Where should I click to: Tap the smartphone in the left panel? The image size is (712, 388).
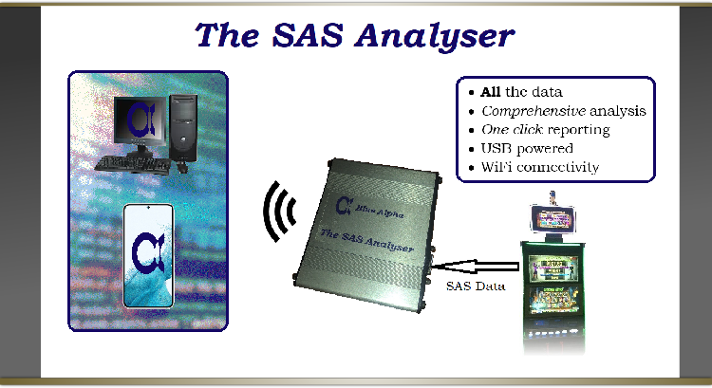tap(147, 255)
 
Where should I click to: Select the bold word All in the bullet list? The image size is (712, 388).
tap(491, 92)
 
